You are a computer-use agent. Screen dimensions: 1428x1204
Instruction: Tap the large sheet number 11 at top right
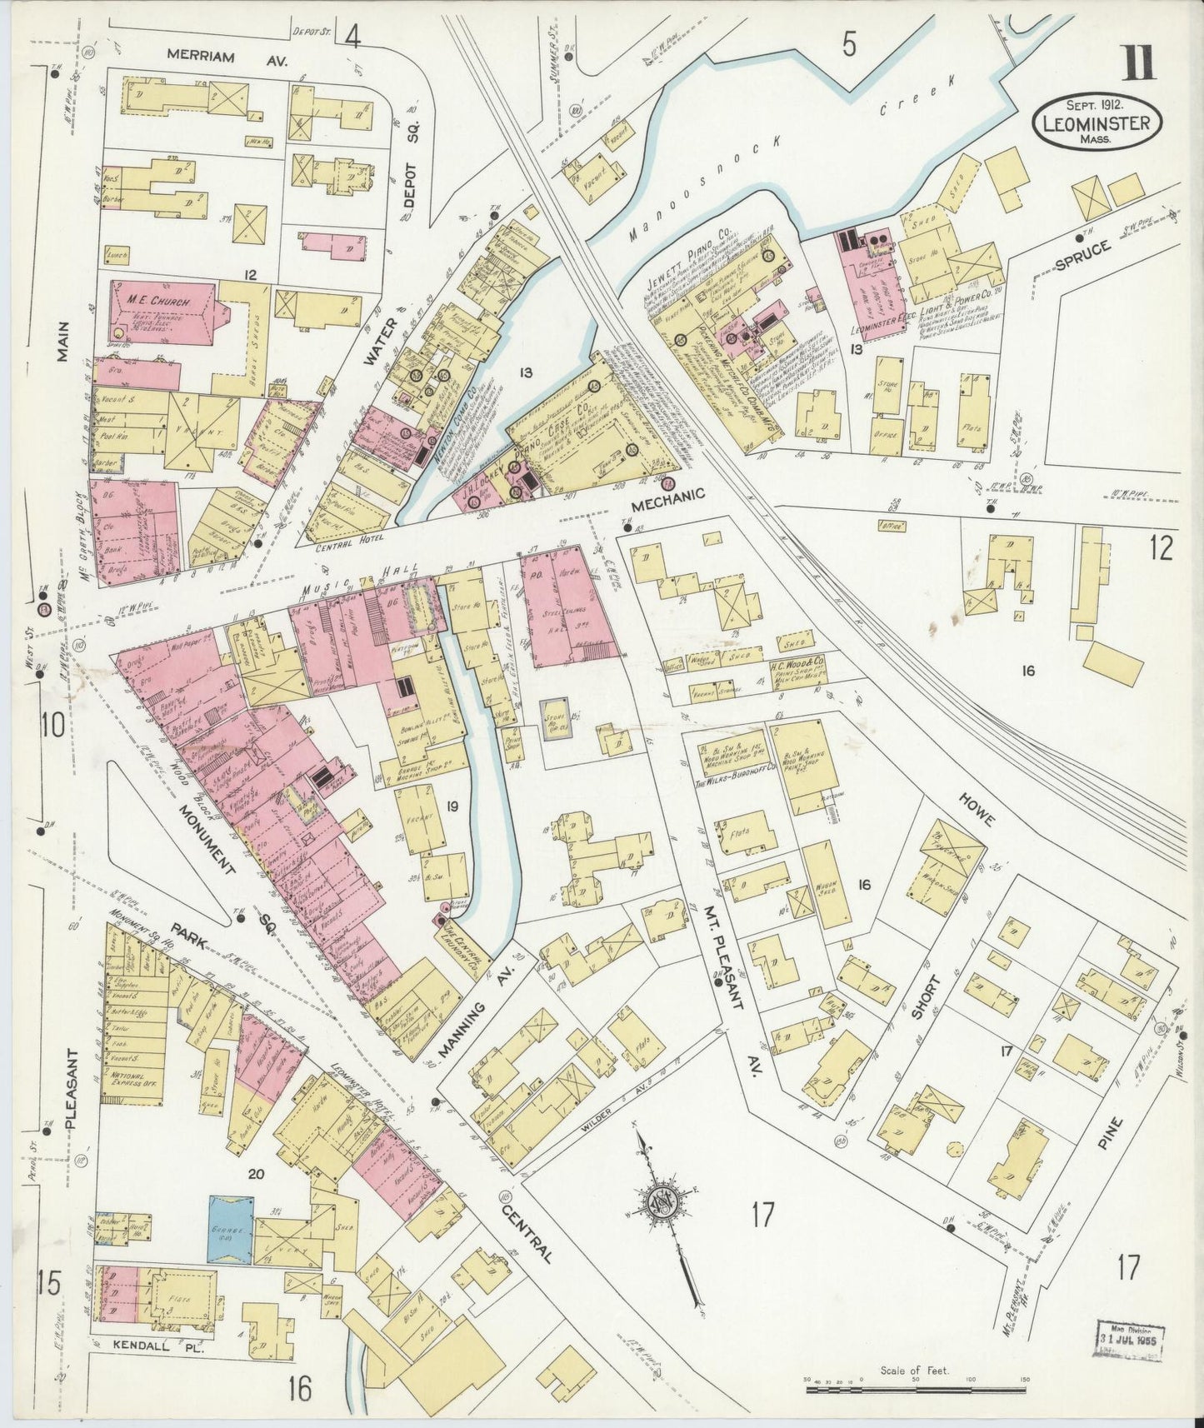click(1137, 63)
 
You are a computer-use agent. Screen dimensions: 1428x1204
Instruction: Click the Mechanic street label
click(667, 493)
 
